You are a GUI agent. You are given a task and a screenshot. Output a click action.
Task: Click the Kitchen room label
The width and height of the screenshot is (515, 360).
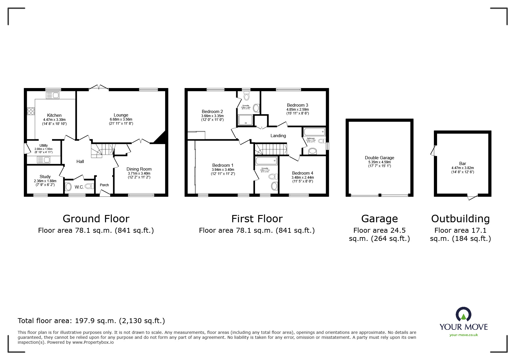pyautogui.click(x=54, y=115)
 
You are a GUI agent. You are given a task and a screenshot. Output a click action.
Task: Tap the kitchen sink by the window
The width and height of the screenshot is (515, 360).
pyautogui.click(x=52, y=95)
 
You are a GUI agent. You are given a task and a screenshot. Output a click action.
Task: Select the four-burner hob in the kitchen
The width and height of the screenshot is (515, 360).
pyautogui.click(x=31, y=111)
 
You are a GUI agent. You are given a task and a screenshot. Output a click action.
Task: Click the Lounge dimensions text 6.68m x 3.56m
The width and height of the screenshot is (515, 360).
pyautogui.click(x=121, y=119)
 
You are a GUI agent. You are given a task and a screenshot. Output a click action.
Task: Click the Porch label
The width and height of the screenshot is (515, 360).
pyautogui.click(x=104, y=185)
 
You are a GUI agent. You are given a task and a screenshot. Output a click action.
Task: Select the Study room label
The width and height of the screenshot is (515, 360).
pyautogui.click(x=45, y=177)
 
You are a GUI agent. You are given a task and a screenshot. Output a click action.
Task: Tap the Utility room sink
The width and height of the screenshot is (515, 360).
pyautogui.click(x=44, y=160)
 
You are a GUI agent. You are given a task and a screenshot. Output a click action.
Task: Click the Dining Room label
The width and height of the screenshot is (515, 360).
pyautogui.click(x=139, y=169)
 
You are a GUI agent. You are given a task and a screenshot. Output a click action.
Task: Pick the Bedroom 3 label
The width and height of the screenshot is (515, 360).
pyautogui.click(x=297, y=105)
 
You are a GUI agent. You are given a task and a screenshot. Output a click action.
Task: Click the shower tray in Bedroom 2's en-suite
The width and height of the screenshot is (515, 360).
pyautogui.click(x=245, y=120)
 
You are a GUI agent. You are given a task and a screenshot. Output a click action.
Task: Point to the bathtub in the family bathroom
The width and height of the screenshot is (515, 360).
pyautogui.click(x=314, y=132)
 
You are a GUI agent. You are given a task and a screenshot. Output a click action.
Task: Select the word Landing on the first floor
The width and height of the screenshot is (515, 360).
pyautogui.click(x=278, y=136)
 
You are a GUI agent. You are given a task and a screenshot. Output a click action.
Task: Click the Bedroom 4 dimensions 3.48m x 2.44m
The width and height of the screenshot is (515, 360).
pyautogui.click(x=303, y=178)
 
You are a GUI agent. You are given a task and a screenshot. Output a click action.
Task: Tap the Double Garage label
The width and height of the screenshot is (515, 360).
pyautogui.click(x=379, y=158)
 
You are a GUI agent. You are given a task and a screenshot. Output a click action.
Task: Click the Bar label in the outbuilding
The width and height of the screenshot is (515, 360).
pyautogui.click(x=462, y=164)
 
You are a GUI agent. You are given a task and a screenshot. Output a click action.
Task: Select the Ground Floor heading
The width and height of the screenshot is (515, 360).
pyautogui.click(x=96, y=218)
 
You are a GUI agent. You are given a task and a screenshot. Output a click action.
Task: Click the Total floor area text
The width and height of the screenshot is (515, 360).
pyautogui.click(x=91, y=321)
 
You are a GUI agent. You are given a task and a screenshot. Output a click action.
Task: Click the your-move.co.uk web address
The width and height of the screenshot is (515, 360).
pyautogui.click(x=464, y=335)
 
